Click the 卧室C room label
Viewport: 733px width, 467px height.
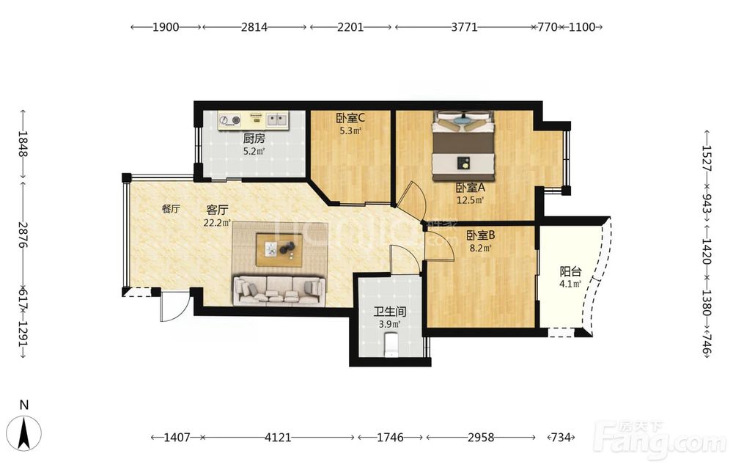pyautogui.click(x=350, y=118)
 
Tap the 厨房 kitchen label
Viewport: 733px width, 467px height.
pyautogui.click(x=254, y=139)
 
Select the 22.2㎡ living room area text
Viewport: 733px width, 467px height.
pyautogui.click(x=217, y=223)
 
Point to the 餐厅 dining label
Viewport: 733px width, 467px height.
pyautogui.click(x=171, y=209)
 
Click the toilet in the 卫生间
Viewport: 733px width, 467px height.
pyautogui.click(x=391, y=345)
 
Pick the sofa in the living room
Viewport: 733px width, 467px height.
pyautogui.click(x=279, y=291)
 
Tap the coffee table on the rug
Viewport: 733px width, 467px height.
pyautogui.click(x=279, y=249)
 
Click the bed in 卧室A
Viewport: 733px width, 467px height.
pyautogui.click(x=463, y=146)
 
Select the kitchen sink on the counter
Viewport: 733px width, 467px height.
pyautogui.click(x=277, y=120)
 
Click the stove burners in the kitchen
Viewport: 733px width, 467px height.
pyautogui.click(x=229, y=120)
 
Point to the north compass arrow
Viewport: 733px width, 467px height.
pyautogui.click(x=24, y=433)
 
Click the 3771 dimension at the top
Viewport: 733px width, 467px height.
pyautogui.click(x=464, y=27)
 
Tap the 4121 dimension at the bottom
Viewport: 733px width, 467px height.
pyautogui.click(x=278, y=438)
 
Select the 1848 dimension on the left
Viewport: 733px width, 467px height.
pyautogui.click(x=23, y=144)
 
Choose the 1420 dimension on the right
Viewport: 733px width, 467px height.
pyautogui.click(x=706, y=251)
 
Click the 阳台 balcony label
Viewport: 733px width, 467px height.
pyautogui.click(x=570, y=271)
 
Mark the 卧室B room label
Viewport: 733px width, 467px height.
pyautogui.click(x=481, y=235)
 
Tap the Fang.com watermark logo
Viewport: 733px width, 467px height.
pyautogui.click(x=660, y=439)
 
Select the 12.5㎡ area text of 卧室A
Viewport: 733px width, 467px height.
pyautogui.click(x=471, y=200)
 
